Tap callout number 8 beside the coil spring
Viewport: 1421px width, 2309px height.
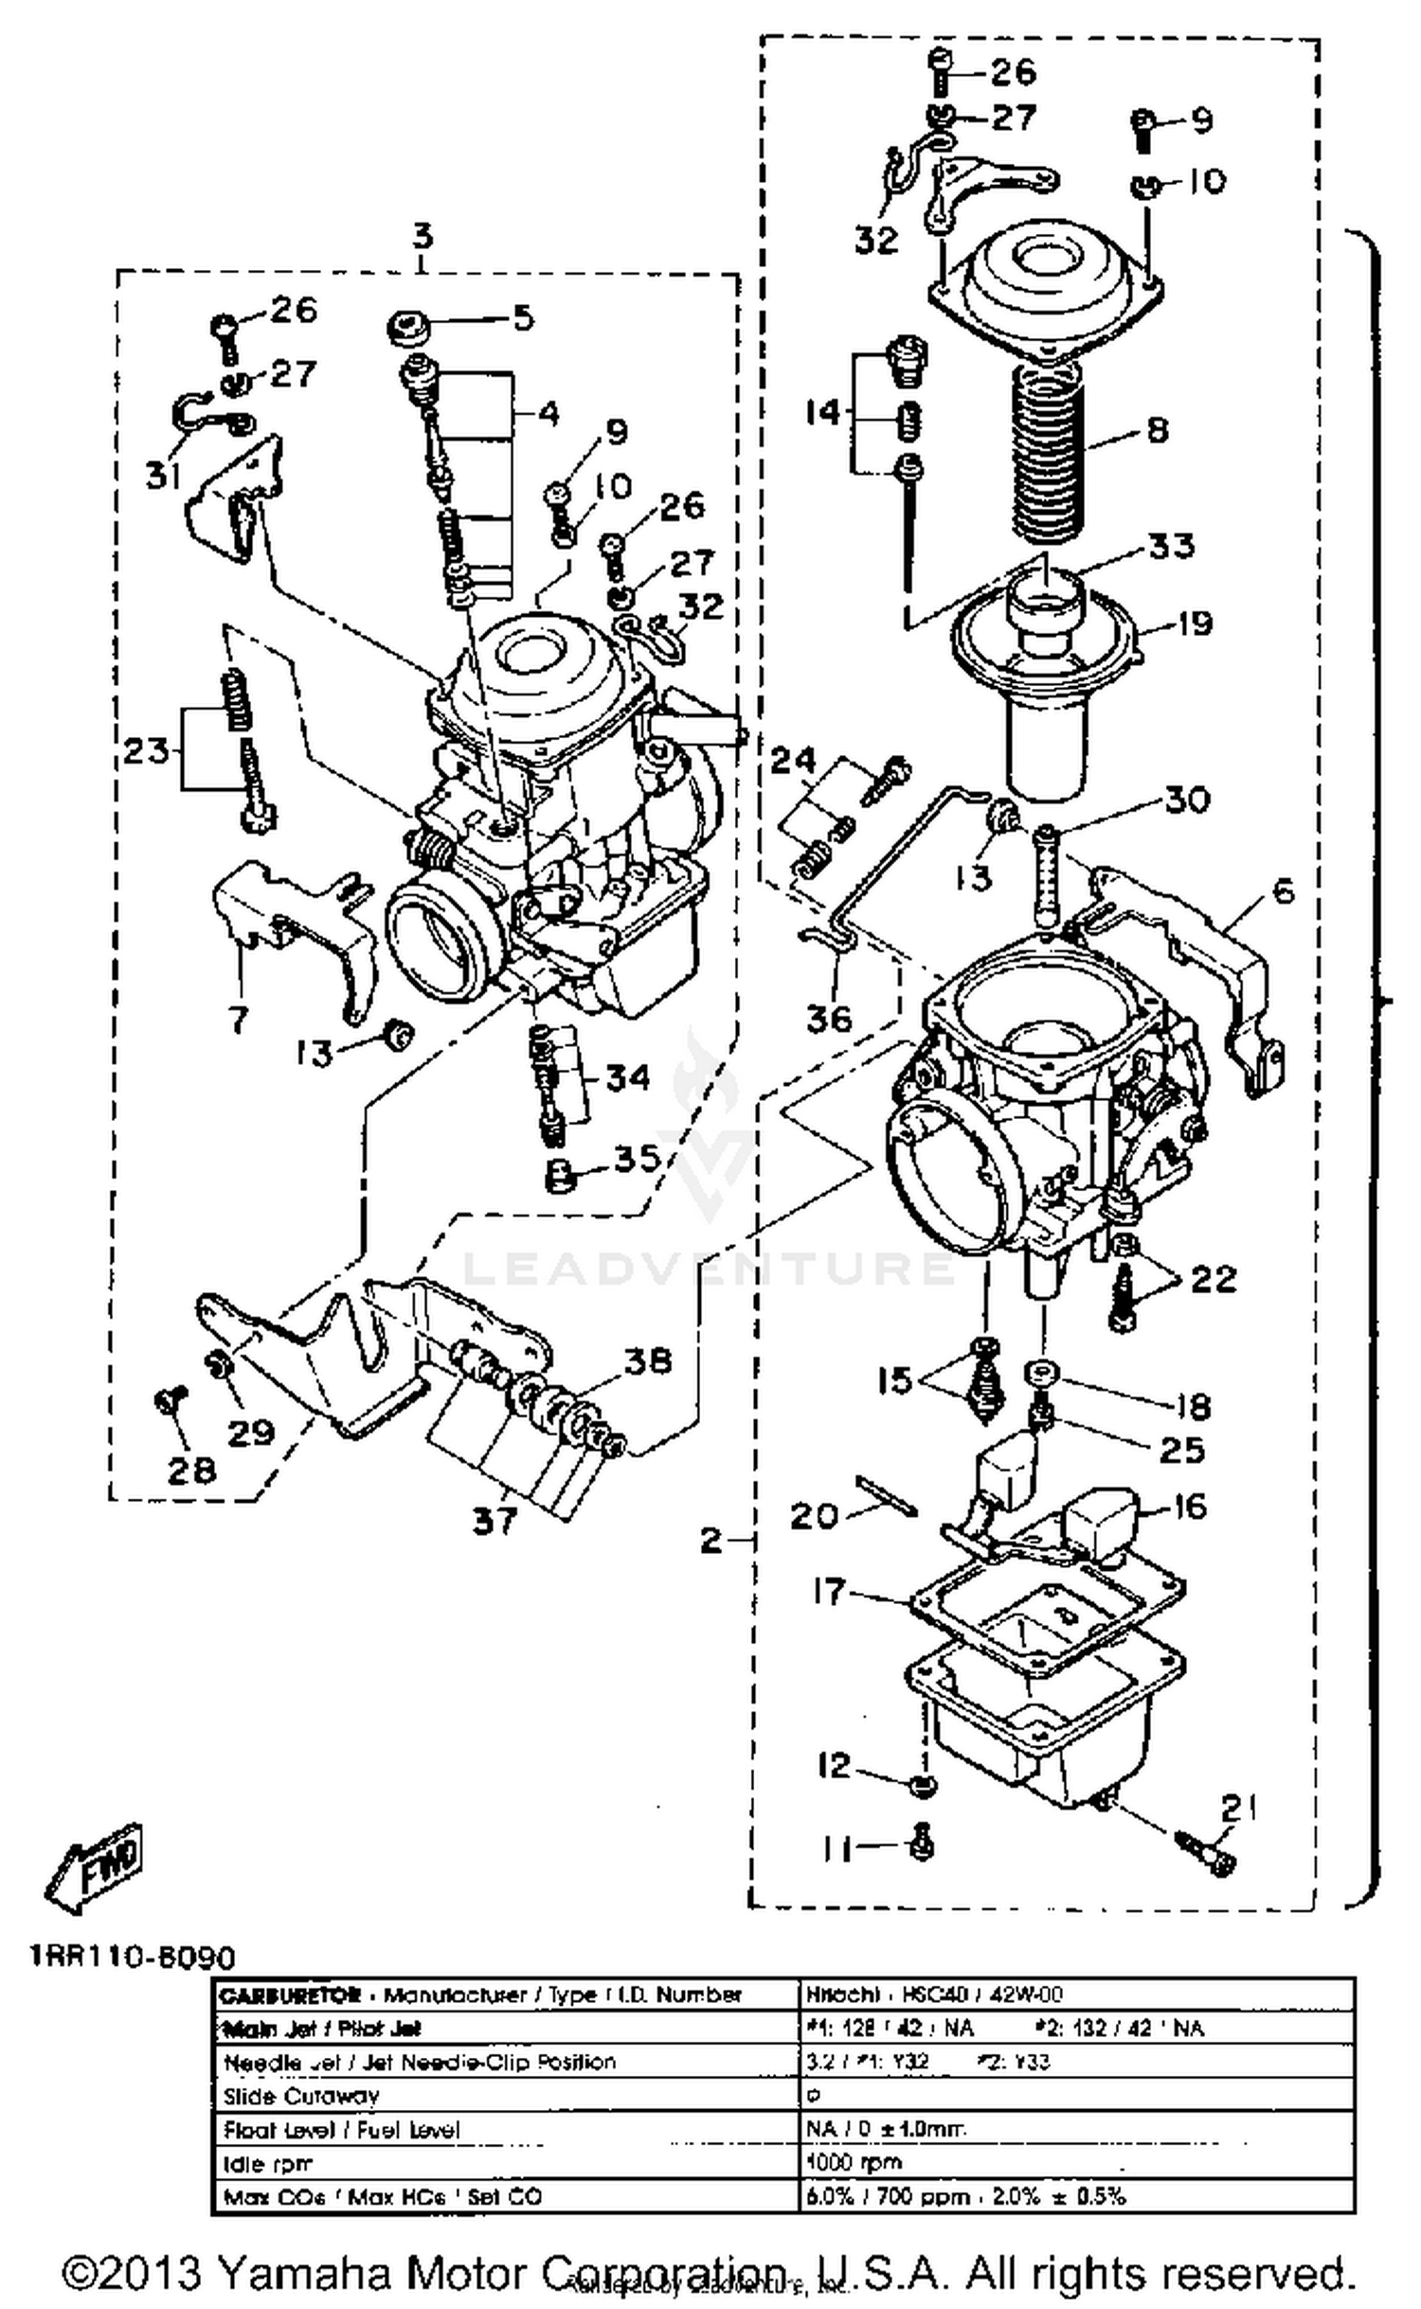[x=1157, y=430]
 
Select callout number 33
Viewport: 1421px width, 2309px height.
[x=1171, y=547]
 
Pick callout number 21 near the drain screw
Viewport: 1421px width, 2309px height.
[x=1238, y=1809]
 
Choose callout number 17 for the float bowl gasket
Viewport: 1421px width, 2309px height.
[x=829, y=1592]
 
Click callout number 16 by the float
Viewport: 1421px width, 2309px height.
[x=1189, y=1507]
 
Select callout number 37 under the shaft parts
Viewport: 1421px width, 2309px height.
[x=494, y=1523]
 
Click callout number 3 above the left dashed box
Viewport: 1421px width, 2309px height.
[x=423, y=235]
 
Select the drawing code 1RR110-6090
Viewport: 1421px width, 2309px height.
[x=132, y=1957]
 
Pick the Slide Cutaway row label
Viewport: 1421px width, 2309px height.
[x=300, y=2095]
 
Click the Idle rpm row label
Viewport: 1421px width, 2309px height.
[x=267, y=2163]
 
